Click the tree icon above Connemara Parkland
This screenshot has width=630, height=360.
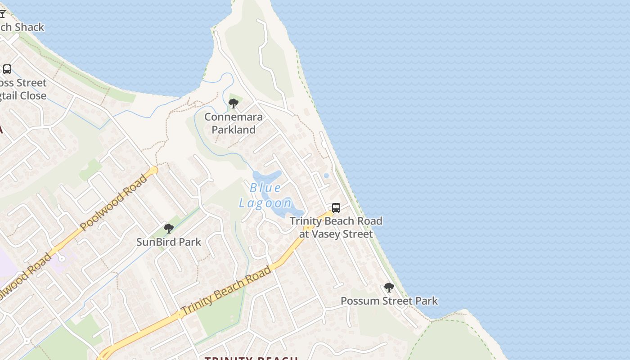tap(233, 104)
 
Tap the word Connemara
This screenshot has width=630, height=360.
tap(233, 117)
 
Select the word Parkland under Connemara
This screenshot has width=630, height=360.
tap(234, 130)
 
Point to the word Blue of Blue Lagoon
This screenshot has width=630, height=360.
tap(265, 188)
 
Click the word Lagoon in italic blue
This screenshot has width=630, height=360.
tap(265, 203)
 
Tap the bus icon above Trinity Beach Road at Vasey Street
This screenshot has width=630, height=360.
tap(336, 208)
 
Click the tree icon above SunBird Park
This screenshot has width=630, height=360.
tap(169, 229)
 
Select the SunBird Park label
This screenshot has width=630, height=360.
tap(169, 242)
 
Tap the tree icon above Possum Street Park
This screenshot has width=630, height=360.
tap(389, 288)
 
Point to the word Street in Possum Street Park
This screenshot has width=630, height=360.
tap(395, 301)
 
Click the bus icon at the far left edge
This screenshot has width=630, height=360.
tap(7, 69)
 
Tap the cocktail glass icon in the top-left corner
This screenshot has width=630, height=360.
tap(3, 14)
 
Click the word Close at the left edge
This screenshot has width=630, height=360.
tap(31, 95)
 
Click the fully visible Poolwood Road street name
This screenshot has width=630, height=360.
tap(113, 202)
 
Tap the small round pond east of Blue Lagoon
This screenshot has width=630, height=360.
tap(326, 175)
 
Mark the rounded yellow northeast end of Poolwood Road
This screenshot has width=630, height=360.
tap(154, 171)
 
